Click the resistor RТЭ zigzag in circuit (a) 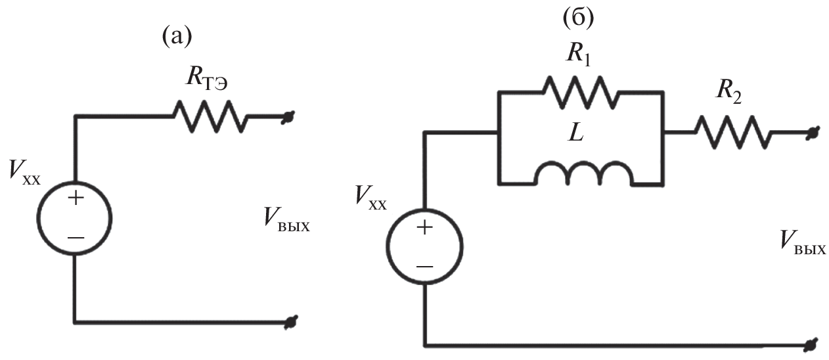[210, 116]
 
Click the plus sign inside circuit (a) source [76, 198]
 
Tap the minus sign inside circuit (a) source [76, 237]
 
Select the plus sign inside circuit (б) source [424, 227]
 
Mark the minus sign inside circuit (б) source [424, 266]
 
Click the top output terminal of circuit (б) [813, 132]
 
